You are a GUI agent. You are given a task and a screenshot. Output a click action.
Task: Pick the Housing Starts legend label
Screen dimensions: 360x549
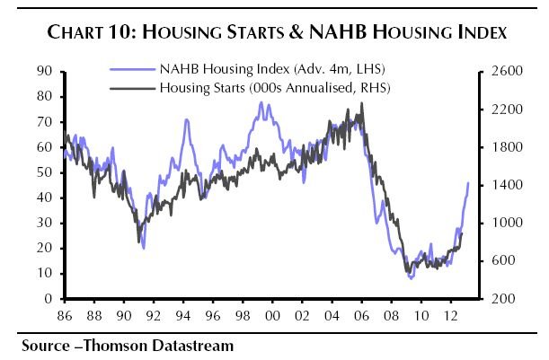tap(259, 87)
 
